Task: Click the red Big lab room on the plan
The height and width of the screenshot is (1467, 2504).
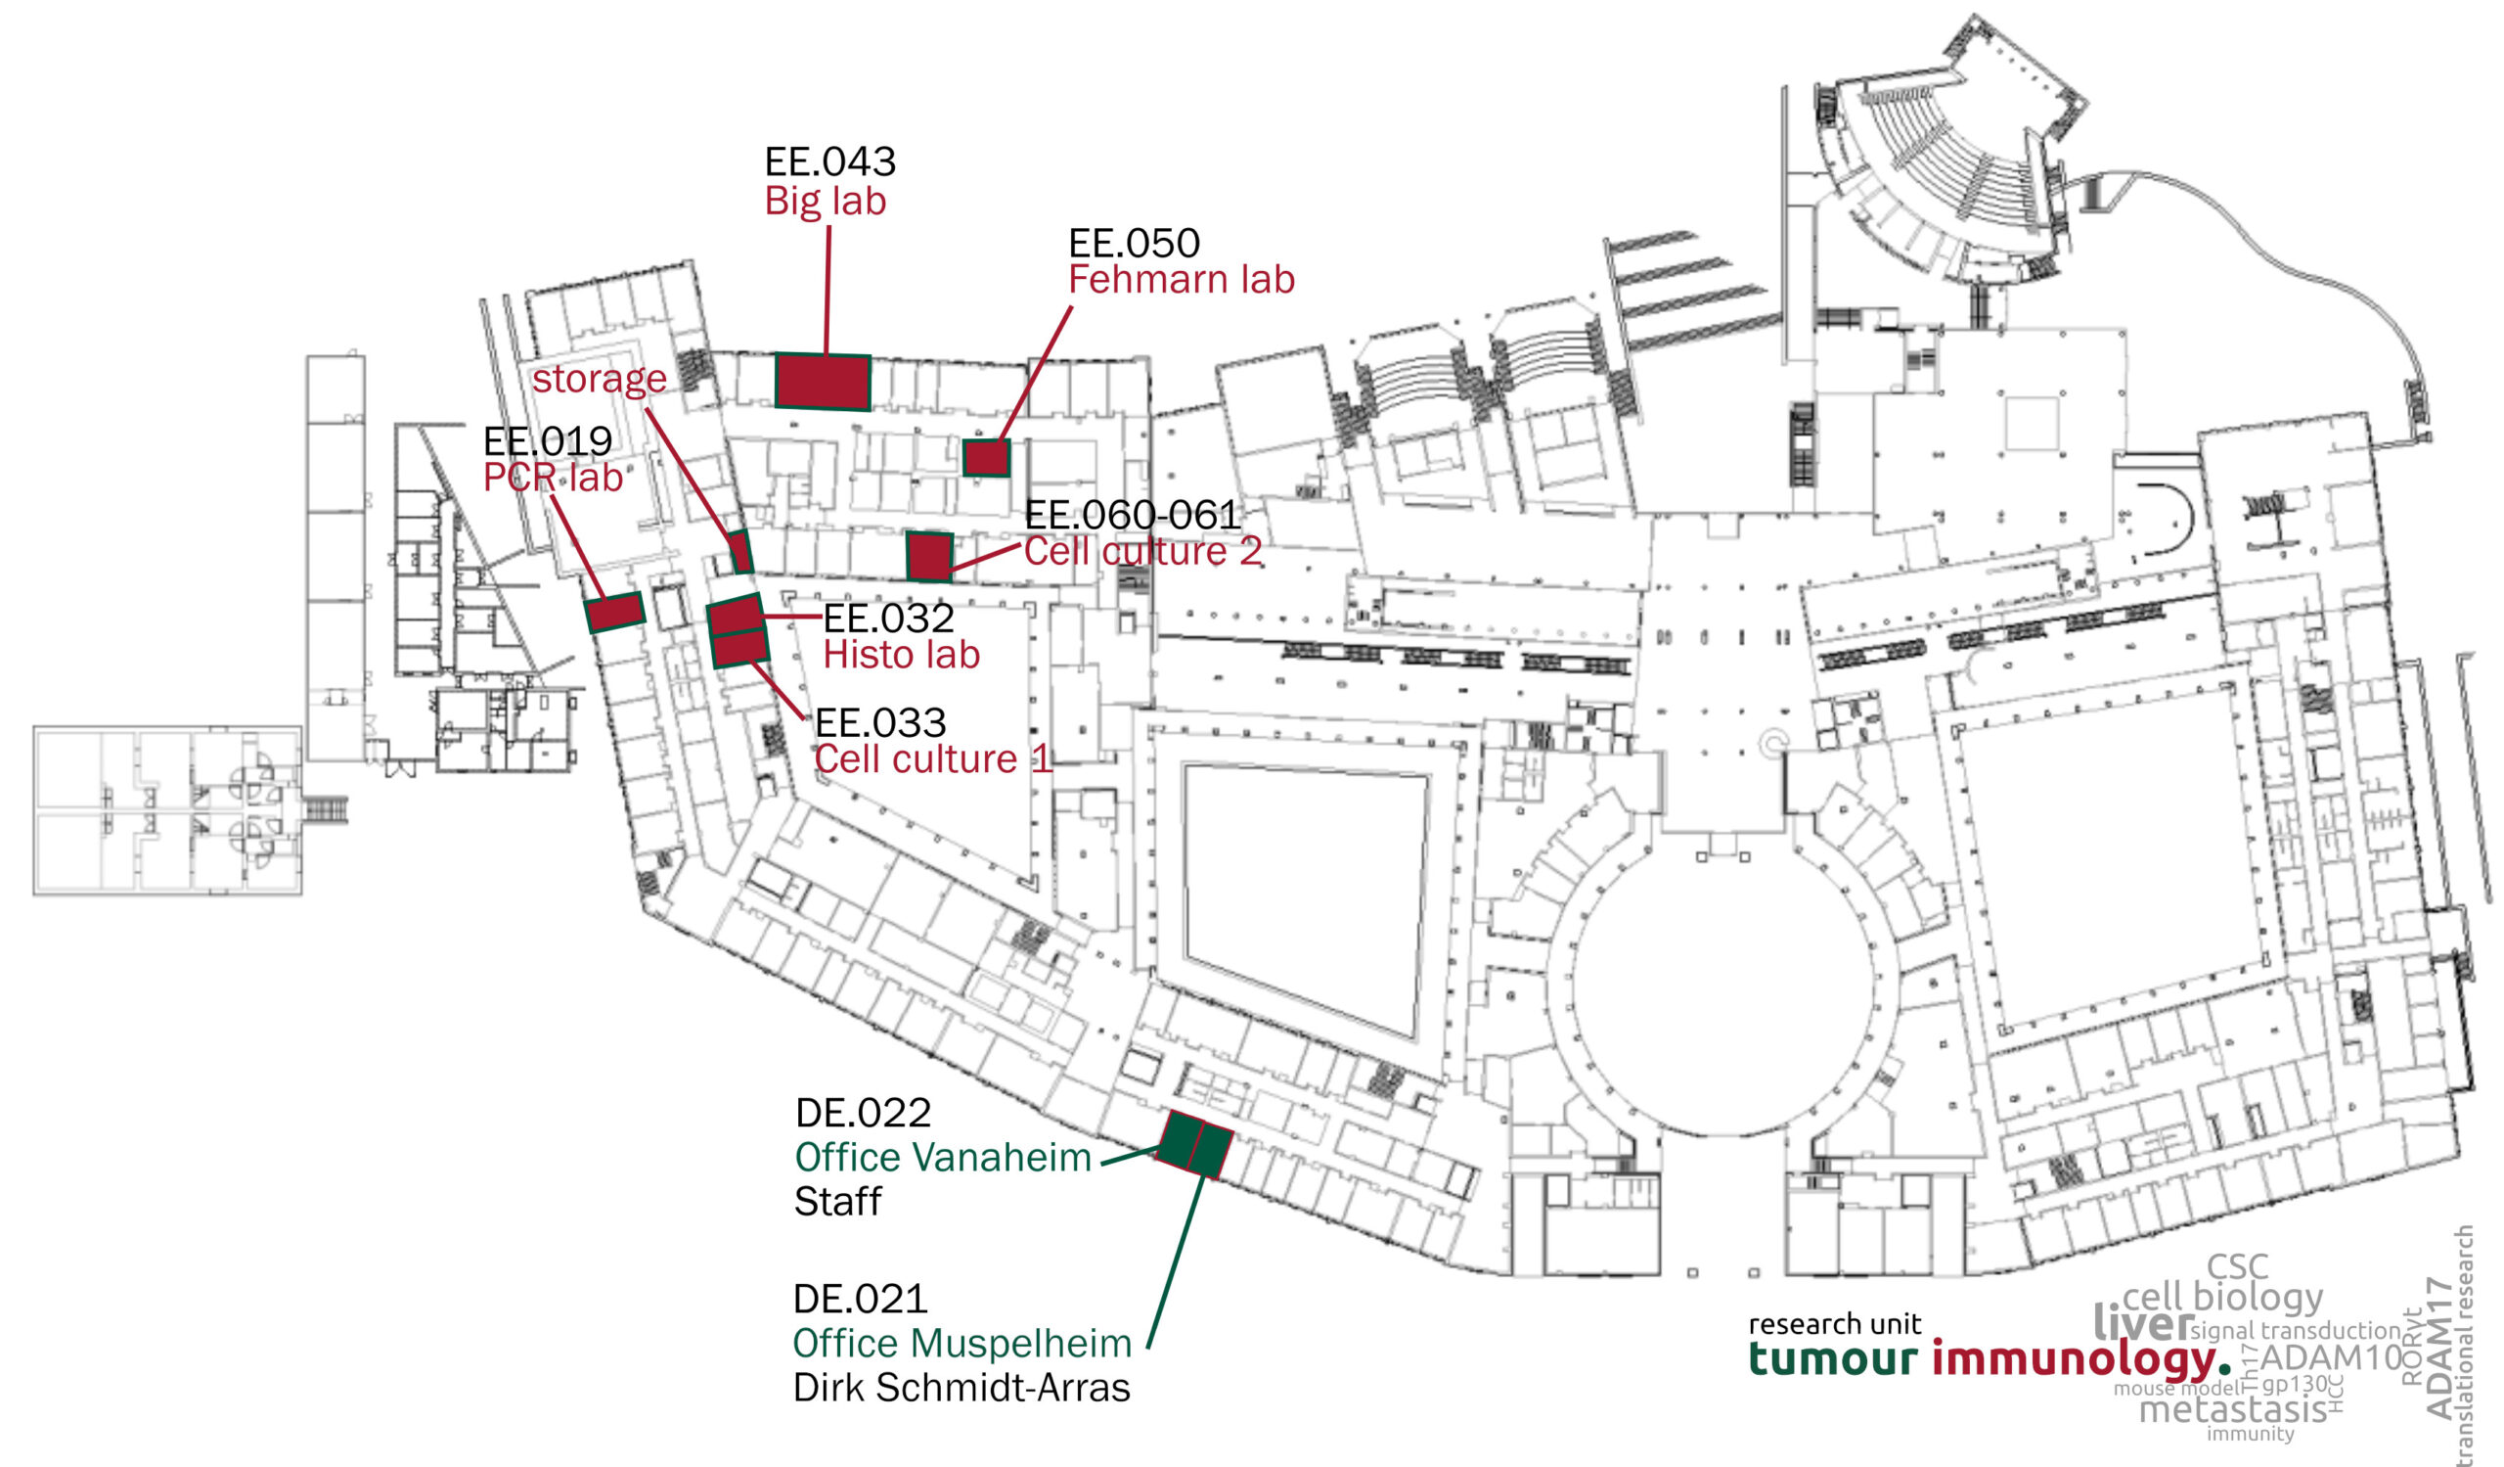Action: pos(822,382)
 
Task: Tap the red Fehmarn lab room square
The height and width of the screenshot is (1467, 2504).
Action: pos(986,458)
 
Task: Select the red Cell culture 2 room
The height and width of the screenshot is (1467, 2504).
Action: pos(929,557)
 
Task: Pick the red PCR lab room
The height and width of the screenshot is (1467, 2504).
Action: pos(615,613)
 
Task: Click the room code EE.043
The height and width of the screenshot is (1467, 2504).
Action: pos(829,161)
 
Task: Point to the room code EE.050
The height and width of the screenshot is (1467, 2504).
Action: pos(1134,243)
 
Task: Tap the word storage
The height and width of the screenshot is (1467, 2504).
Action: pos(600,379)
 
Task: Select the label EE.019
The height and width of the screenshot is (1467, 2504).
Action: pos(548,440)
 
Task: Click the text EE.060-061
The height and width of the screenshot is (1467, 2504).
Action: pos(1133,515)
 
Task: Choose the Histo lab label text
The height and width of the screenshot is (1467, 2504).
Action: pos(901,655)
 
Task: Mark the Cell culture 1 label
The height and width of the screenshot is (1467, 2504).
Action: pos(932,759)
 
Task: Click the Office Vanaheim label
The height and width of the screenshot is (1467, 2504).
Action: pos(943,1157)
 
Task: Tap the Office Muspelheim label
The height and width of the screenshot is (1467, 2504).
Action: pos(961,1343)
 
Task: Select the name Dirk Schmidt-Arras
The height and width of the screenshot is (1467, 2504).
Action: pos(961,1388)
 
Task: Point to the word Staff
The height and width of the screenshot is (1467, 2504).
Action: pos(837,1202)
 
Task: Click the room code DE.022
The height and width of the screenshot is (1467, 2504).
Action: pos(864,1113)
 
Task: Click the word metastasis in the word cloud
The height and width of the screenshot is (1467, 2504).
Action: pos(2232,1409)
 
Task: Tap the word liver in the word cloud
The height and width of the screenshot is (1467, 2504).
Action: pos(2141,1324)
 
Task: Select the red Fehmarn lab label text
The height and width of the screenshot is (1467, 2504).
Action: pos(1182,280)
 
